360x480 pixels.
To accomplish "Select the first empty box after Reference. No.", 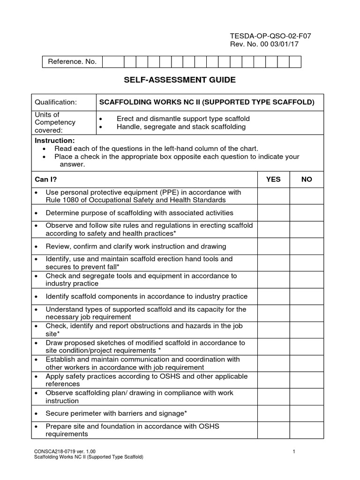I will click(113, 62).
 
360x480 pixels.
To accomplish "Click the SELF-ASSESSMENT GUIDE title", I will click(180, 80).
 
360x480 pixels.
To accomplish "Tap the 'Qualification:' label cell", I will click(56, 102).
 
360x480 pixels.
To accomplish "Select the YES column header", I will click(273, 179).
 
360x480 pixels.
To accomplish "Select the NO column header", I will click(307, 179).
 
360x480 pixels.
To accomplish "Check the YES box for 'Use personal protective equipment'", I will click(273, 196).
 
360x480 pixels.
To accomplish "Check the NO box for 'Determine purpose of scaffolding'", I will click(307, 213).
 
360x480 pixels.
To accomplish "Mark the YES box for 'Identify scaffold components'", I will click(273, 296).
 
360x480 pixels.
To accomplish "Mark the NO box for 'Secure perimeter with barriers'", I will click(307, 413).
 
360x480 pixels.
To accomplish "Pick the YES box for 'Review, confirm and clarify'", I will click(273, 246).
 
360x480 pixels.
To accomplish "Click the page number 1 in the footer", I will click(293, 451).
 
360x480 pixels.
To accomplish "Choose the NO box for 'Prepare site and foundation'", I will click(307, 430).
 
